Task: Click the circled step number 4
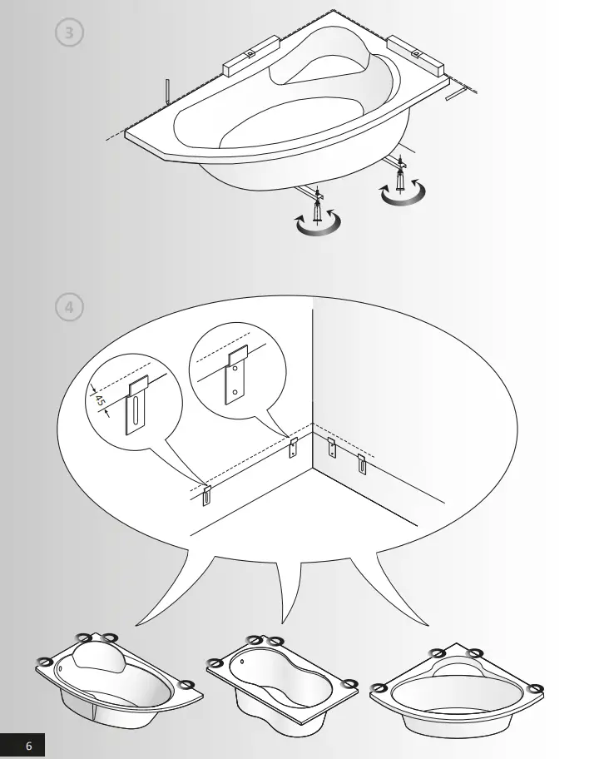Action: [69, 306]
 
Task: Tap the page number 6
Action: [29, 746]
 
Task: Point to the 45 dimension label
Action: [101, 400]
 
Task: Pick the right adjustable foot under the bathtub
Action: [403, 177]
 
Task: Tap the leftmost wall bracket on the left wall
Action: [208, 493]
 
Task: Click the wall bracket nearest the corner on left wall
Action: [293, 447]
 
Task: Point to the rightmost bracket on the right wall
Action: [362, 464]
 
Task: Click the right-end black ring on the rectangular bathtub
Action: [350, 684]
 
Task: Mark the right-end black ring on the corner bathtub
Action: [536, 688]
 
